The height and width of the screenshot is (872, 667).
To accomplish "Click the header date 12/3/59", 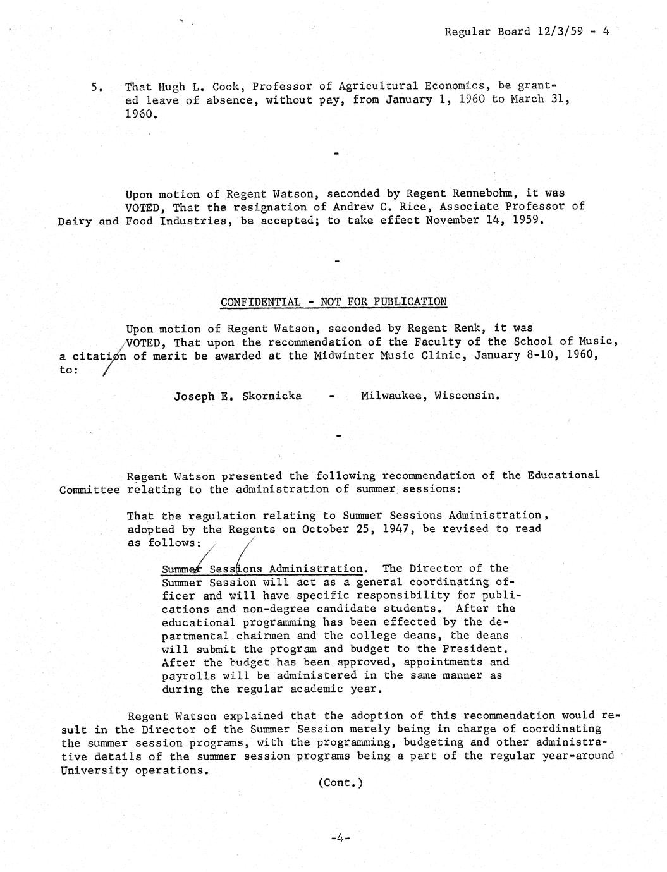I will (x=557, y=31).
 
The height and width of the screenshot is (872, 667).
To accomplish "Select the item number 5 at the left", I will (x=96, y=87).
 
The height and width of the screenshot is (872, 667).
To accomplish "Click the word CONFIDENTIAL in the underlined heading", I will (x=260, y=301).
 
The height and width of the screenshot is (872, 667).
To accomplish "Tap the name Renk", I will (x=471, y=329).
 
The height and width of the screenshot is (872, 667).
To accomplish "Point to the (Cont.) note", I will (x=340, y=783).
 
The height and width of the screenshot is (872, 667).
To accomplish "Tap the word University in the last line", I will (x=93, y=770).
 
